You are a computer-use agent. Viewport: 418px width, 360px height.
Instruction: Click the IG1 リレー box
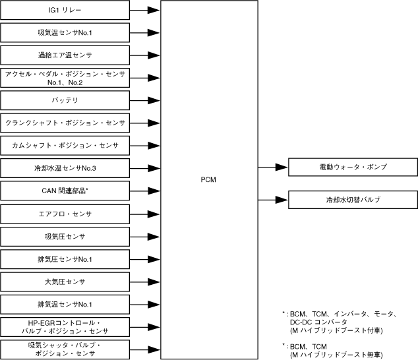[65, 11]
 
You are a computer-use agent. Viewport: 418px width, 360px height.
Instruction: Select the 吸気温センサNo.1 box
[65, 32]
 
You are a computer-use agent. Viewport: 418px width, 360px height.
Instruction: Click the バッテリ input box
[65, 100]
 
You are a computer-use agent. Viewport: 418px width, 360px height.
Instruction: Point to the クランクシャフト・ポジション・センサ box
[65, 123]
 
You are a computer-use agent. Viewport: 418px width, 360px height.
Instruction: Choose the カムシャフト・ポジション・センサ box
[65, 145]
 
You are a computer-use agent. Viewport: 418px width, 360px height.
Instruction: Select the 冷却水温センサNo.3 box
[65, 168]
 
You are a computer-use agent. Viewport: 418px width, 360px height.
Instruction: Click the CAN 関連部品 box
[65, 191]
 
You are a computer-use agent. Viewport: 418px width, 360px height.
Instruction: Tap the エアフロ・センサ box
[65, 214]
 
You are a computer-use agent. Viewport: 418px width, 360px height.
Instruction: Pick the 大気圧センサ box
[65, 282]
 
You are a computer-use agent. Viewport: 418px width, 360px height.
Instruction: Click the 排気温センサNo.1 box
[65, 304]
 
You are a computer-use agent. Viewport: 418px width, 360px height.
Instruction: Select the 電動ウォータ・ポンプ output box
[353, 167]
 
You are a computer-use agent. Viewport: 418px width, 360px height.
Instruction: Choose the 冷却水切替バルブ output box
[353, 199]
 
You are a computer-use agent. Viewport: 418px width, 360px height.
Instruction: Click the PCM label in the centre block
[208, 180]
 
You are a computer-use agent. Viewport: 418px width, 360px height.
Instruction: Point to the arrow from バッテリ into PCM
[145, 100]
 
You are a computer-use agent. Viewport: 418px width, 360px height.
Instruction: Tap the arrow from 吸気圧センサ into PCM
[145, 236]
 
